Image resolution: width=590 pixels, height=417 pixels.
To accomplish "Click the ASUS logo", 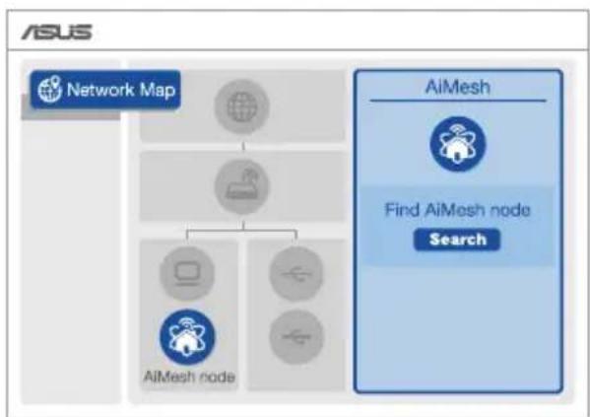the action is tap(56, 32).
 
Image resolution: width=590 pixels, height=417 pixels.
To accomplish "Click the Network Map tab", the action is tap(105, 90).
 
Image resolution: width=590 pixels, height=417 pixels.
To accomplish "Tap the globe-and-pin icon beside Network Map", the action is tap(49, 89).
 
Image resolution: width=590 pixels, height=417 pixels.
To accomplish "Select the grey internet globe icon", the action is tap(242, 106).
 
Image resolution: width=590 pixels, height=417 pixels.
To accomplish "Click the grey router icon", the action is tap(242, 186).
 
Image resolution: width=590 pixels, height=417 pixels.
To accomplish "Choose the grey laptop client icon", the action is tap(187, 273).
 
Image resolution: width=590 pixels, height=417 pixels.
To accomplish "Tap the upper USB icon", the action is tap(296, 273).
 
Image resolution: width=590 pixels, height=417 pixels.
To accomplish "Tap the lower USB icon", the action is tap(296, 336).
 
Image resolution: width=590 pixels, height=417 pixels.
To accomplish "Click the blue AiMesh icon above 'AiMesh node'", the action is tap(187, 337).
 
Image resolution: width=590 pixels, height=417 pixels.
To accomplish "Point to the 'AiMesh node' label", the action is tap(189, 377).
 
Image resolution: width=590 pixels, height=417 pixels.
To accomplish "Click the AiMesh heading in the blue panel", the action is tap(458, 87).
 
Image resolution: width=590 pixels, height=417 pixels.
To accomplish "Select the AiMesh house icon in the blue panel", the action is tap(458, 144).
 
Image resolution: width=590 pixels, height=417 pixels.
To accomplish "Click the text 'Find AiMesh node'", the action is tap(458, 209).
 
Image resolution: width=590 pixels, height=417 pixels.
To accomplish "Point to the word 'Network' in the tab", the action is tap(100, 90).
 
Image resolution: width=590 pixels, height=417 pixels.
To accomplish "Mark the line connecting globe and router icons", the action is tap(242, 146).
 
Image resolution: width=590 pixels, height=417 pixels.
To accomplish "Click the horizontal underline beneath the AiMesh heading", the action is tap(458, 101).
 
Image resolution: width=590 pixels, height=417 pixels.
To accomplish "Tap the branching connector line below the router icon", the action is tap(242, 231).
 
